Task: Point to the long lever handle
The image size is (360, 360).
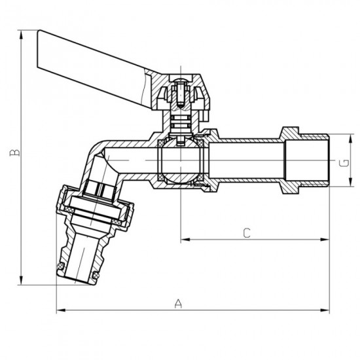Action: coord(98,56)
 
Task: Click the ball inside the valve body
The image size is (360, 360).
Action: coord(177,160)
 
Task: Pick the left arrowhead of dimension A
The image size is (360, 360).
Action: coord(60,310)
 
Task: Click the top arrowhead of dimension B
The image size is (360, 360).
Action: coord(22,33)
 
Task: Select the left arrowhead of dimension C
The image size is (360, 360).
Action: coord(184,240)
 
